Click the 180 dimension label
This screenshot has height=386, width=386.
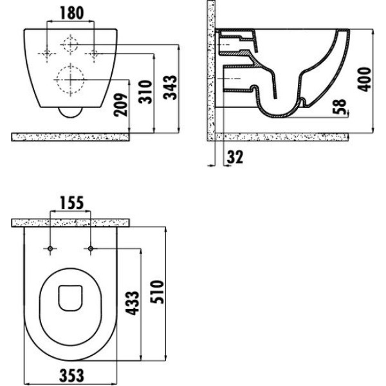click(72, 13)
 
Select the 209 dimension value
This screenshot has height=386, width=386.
click(121, 105)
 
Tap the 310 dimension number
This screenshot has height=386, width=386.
click(145, 92)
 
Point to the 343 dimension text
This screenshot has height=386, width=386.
click(170, 87)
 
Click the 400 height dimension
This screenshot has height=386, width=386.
click(364, 79)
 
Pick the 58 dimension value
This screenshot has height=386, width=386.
click(339, 107)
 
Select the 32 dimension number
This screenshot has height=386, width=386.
click(235, 157)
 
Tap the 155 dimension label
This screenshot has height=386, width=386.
click(72, 203)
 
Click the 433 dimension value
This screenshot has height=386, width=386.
click(133, 303)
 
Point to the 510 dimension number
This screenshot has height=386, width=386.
click(157, 291)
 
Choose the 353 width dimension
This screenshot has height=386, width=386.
click(72, 376)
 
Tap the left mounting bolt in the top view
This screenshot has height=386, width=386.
click(50, 248)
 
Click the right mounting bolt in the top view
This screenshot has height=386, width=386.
click(91, 248)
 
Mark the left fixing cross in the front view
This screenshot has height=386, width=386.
click(47, 53)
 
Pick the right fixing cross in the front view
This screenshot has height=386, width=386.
click(94, 53)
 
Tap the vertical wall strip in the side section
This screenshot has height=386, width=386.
click(211, 70)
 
